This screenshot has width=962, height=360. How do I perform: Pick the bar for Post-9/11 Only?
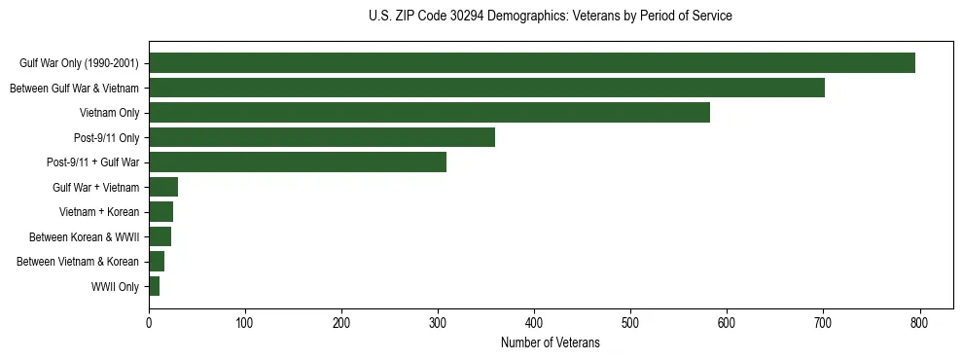pos(322,137)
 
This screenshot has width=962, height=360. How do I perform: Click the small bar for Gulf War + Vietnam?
pos(163,187)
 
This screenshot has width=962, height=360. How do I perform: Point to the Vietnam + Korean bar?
pos(160,211)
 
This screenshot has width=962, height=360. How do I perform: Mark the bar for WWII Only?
pos(154,286)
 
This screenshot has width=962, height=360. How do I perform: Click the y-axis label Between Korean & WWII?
pos(85,236)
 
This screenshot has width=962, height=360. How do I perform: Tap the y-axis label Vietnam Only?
pos(109,113)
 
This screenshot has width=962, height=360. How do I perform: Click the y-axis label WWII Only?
pos(115,286)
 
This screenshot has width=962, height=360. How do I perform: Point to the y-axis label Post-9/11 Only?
pos(106,137)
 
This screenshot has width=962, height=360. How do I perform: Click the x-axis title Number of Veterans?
pos(550,343)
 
